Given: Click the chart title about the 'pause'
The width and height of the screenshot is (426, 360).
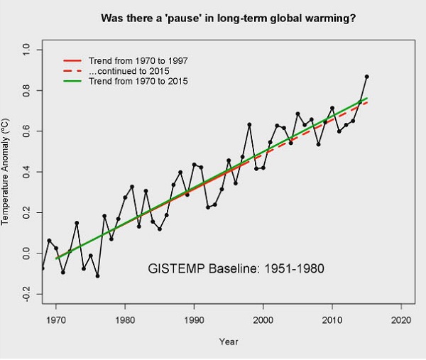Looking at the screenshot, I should [x=229, y=17].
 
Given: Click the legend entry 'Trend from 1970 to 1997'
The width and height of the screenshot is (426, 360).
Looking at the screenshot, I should [x=138, y=60].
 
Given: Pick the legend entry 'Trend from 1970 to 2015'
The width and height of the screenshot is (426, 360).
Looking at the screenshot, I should [x=138, y=82].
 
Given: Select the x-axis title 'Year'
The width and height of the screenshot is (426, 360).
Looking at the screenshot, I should [x=229, y=342].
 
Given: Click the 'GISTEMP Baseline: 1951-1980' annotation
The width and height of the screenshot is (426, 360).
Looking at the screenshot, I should [x=237, y=269].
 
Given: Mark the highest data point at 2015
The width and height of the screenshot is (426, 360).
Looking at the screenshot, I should [x=367, y=77].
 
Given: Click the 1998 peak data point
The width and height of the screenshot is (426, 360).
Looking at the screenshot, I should [x=249, y=125].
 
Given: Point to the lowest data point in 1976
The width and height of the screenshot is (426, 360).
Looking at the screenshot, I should [x=97, y=276].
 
